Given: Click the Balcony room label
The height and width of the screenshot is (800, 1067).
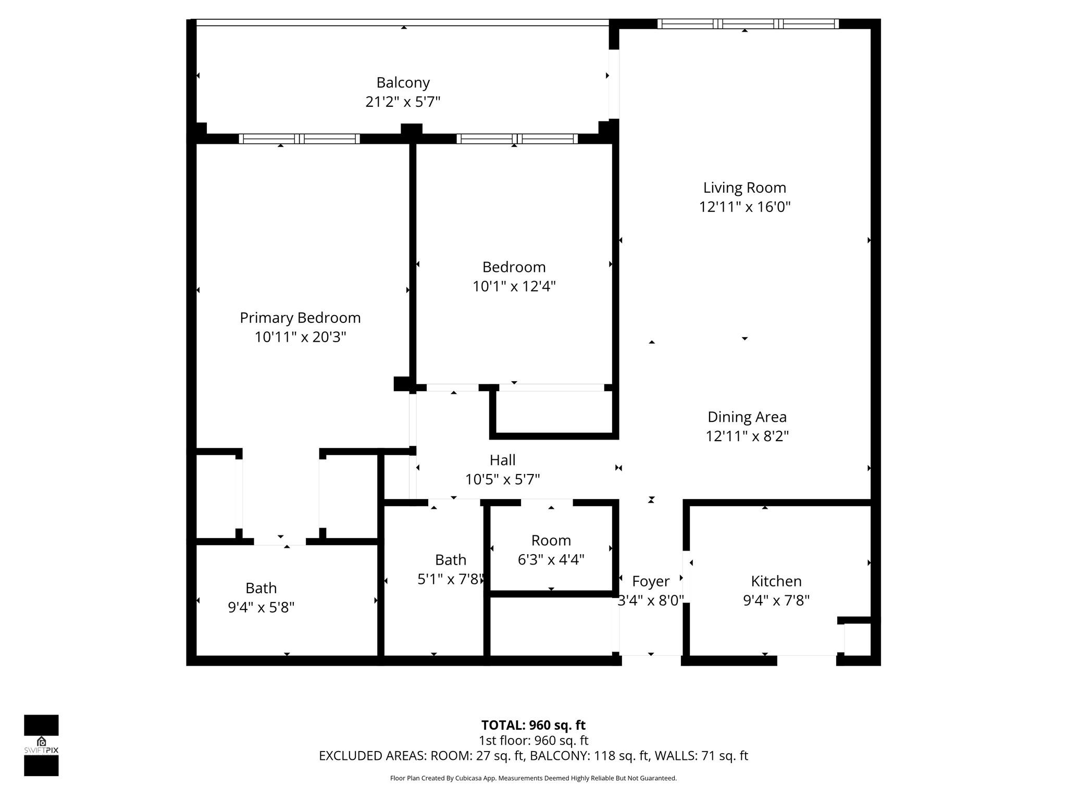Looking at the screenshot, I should (403, 83).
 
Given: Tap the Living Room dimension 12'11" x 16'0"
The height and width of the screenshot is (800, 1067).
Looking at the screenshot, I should (745, 207).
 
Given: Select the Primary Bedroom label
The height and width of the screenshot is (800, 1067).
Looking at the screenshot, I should (300, 318).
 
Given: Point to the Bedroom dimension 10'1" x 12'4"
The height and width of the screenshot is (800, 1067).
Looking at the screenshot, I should (514, 286).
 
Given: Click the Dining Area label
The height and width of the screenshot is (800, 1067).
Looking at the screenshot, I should (747, 417).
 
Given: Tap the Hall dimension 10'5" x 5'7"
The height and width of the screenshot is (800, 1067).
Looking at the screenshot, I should (502, 479).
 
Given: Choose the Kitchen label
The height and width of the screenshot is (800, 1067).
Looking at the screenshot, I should (776, 581).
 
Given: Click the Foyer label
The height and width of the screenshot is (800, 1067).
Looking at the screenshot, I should (650, 581).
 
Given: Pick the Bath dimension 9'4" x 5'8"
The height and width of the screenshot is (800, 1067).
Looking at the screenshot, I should (261, 607).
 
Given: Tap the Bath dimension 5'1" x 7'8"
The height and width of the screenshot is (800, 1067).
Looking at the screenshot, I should (451, 579).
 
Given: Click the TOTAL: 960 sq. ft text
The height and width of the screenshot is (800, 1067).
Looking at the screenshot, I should (533, 725).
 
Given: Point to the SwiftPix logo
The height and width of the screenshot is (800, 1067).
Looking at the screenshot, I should (41, 745).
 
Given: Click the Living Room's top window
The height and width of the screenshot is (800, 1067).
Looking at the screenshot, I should (748, 23).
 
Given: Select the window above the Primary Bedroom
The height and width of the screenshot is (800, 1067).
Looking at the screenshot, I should (299, 139).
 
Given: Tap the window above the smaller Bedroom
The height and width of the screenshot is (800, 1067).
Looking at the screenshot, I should (517, 139).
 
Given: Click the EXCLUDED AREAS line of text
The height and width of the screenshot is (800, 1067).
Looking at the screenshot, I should (533, 756).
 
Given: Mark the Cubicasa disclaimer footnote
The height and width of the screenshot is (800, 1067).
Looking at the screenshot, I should (533, 778).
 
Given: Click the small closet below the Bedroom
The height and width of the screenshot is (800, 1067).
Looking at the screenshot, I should (554, 411).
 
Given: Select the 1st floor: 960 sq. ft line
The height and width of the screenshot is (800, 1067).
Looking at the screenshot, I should (533, 740).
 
